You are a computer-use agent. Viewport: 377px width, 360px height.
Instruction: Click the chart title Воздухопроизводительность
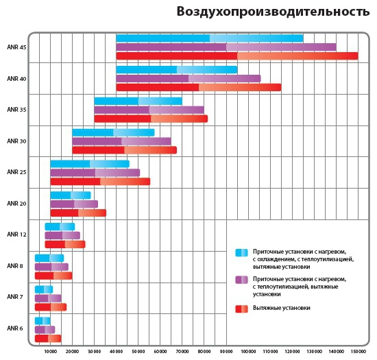pyautogui.click(x=273, y=12)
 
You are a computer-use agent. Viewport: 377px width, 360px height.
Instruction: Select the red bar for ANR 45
pyautogui.click(x=237, y=56)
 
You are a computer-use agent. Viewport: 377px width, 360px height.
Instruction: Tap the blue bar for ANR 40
pyautogui.click(x=177, y=70)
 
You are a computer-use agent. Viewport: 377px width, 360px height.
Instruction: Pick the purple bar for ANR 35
pyautogui.click(x=149, y=110)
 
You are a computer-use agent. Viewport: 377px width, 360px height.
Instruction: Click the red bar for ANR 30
pyautogui.click(x=124, y=150)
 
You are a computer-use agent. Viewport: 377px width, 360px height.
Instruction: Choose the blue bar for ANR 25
pyautogui.click(x=90, y=164)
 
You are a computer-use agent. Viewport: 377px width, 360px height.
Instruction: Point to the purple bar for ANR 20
pyautogui.click(x=74, y=204)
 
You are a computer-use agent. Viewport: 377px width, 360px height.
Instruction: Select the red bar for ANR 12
pyautogui.click(x=65, y=244)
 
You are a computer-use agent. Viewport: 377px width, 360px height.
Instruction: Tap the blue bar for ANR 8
pyautogui.click(x=49, y=258)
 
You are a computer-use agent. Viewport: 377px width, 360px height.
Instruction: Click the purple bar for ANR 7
pyautogui.click(x=48, y=298)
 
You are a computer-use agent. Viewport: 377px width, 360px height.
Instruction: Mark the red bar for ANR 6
pyautogui.click(x=48, y=338)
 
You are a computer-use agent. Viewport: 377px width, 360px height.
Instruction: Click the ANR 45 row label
pyautogui.click(x=16, y=47)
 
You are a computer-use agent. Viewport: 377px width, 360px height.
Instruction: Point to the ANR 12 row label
pyautogui.click(x=16, y=235)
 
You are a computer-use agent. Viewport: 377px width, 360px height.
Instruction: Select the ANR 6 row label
pyautogui.click(x=15, y=328)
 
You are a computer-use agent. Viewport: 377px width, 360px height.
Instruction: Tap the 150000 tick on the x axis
pyautogui.click(x=358, y=352)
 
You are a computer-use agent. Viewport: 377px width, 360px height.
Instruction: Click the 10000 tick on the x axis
pyautogui.click(x=51, y=352)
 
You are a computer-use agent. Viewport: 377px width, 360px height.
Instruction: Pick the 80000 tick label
pyautogui.click(x=204, y=352)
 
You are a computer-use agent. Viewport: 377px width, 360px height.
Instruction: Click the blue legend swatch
pyautogui.click(x=241, y=252)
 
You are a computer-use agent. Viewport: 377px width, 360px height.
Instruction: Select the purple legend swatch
pyautogui.click(x=241, y=280)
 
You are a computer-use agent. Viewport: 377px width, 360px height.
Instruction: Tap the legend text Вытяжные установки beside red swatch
pyautogui.click(x=281, y=308)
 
